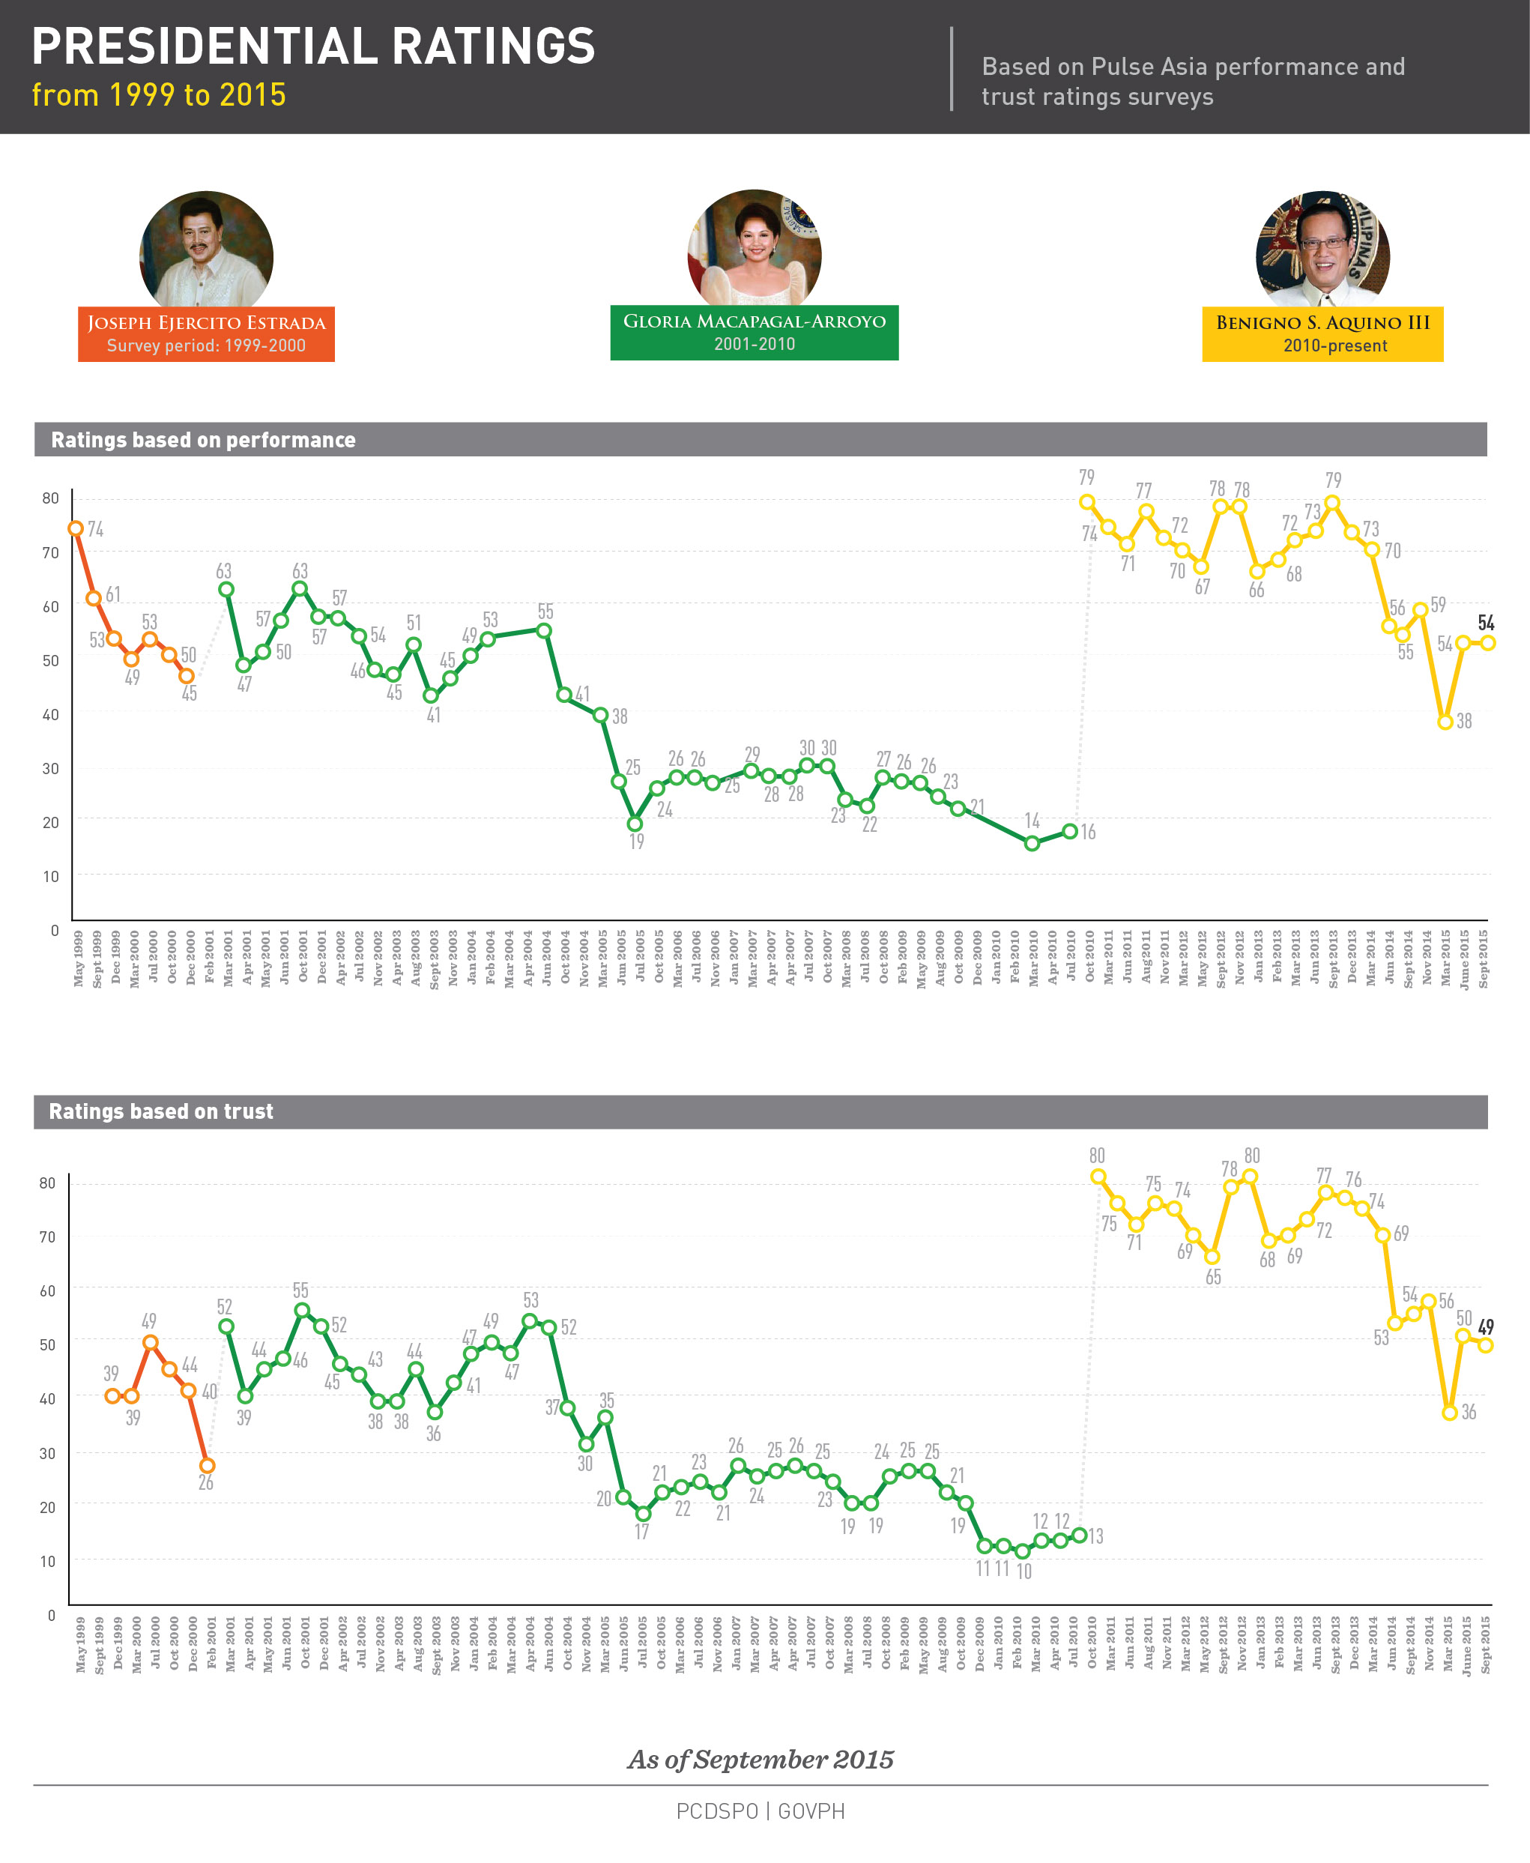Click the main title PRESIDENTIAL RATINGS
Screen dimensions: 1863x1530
coord(313,46)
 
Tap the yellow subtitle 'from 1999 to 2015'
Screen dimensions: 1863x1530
coord(159,95)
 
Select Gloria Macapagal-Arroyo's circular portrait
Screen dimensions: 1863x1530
coord(755,251)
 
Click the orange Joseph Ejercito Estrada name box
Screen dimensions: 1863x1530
coord(206,334)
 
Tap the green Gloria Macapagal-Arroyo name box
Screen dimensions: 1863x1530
coord(755,332)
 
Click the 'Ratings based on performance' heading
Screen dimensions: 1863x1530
coord(204,440)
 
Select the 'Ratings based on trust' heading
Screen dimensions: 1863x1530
coord(161,1111)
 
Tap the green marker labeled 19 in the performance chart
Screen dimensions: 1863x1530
coord(635,824)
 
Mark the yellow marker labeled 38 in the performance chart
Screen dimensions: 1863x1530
coord(1445,722)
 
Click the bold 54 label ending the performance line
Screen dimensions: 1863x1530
coord(1486,623)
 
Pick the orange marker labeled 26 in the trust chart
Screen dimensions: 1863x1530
coord(207,1466)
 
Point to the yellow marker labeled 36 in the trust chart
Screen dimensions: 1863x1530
coord(1450,1413)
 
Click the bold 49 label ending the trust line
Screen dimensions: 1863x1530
coord(1486,1326)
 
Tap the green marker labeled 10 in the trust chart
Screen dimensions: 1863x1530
coord(1022,1551)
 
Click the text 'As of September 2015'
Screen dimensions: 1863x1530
coord(761,1760)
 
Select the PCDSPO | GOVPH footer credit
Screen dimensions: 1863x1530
coord(761,1811)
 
